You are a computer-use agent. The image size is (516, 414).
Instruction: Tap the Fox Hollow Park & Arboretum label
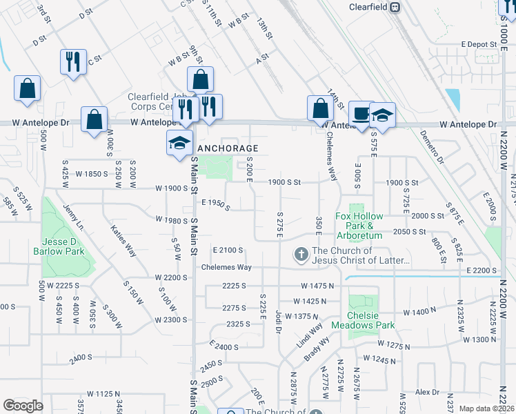click(359, 221)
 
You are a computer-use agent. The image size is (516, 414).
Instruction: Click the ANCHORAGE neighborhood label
click(228, 148)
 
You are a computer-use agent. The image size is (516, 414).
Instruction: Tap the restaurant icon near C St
click(72, 61)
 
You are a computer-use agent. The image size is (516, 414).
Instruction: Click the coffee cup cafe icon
click(359, 113)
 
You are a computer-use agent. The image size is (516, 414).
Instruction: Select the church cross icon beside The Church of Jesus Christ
click(301, 255)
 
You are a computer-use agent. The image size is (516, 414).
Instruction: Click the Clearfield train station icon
click(395, 8)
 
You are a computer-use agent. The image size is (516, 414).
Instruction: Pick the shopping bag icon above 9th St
click(200, 79)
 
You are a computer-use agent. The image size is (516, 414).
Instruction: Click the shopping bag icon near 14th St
click(320, 108)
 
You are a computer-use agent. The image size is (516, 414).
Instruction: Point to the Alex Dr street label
click(427, 392)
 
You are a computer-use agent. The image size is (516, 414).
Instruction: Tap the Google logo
click(23, 406)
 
